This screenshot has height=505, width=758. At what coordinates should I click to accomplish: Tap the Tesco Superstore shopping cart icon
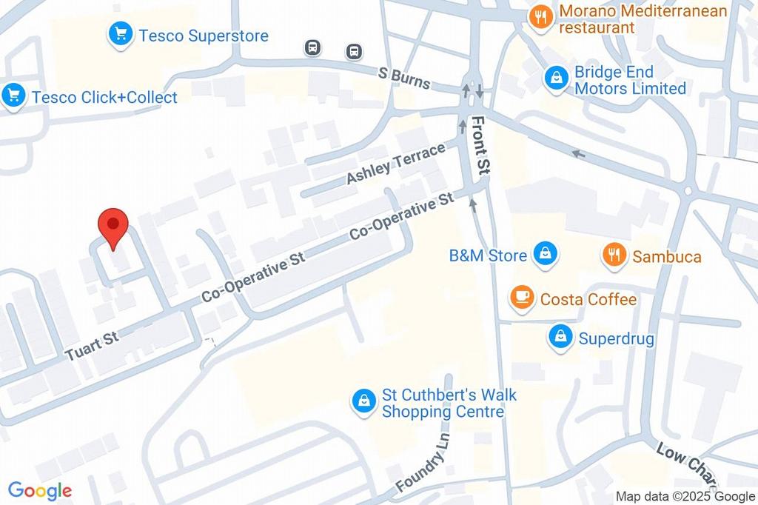coord(120,34)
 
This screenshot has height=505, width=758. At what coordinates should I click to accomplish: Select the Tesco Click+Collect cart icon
coord(13,96)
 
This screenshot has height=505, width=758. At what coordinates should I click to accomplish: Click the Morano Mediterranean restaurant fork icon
coord(541,18)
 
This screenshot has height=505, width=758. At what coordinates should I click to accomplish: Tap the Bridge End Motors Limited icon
coord(556,79)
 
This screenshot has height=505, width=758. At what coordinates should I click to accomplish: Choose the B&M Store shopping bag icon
coord(545,255)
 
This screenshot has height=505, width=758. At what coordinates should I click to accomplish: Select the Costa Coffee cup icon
coord(522,298)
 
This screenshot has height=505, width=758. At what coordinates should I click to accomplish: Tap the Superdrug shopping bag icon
coord(560,338)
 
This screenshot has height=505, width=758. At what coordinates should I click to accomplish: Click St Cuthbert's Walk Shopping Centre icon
coord(363,402)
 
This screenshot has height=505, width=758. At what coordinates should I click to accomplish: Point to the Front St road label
coord(481,144)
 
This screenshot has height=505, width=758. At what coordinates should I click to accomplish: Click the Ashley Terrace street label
coord(395,163)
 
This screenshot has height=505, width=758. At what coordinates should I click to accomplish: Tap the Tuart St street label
coord(92,346)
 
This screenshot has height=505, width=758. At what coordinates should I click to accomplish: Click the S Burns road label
coord(403,78)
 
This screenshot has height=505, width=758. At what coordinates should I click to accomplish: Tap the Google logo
coord(39,490)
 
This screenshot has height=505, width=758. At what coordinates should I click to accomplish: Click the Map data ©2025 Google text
coord(685,496)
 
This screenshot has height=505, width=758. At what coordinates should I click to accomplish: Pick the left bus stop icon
coord(313,48)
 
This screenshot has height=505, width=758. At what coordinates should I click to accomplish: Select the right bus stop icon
coord(355,51)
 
